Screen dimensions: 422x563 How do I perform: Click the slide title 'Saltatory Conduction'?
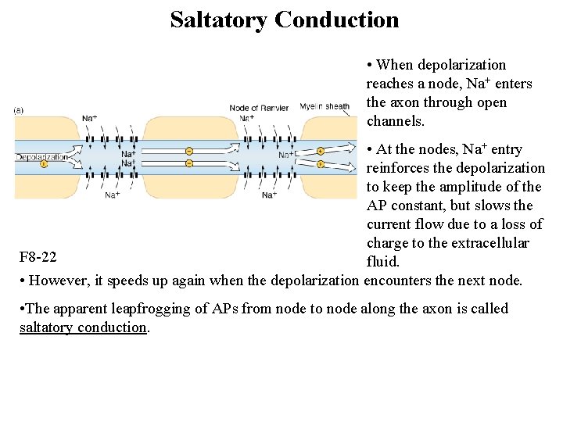284,20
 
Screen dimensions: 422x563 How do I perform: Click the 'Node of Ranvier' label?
260,108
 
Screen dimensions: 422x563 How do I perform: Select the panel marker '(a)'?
18,110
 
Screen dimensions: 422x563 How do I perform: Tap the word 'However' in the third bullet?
57,281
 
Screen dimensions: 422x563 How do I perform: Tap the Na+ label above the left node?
90,119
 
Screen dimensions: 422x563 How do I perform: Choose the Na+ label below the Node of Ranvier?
269,195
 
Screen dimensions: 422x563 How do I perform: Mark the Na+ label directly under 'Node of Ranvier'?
247,118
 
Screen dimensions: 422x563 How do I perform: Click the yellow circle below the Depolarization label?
44,164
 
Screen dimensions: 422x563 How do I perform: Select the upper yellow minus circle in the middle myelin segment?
189,151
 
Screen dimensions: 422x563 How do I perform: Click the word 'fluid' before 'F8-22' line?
382,262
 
